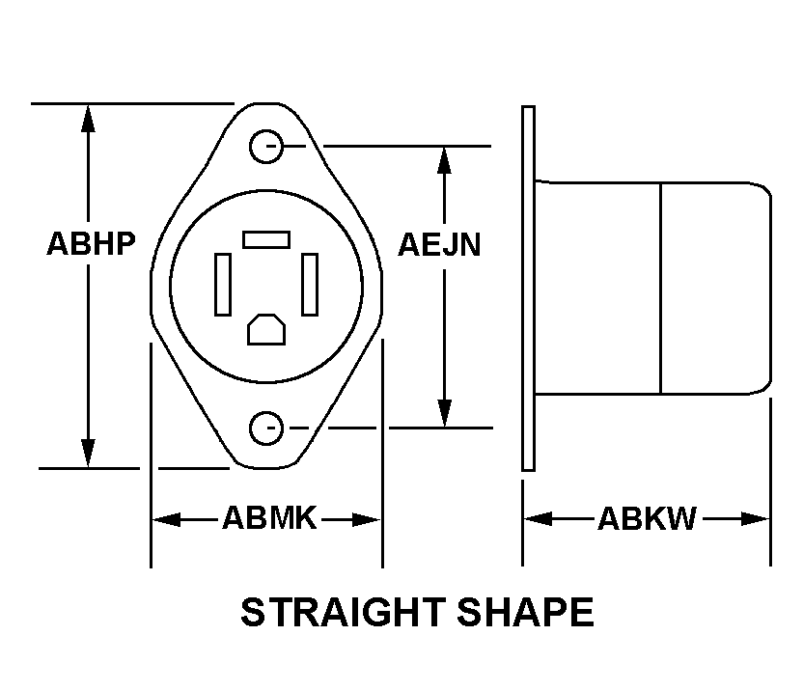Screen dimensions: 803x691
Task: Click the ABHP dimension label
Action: [x=91, y=243]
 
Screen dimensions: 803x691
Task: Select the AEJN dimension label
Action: [x=439, y=245]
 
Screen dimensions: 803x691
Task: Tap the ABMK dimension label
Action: [x=270, y=518]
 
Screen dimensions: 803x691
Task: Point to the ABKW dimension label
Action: [x=648, y=518]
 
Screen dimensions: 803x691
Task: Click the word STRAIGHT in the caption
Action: [x=343, y=612]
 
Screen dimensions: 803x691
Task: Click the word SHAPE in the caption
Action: [x=525, y=612]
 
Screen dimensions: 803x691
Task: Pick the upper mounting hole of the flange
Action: [x=266, y=147]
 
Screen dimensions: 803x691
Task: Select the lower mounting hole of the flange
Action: [x=266, y=428]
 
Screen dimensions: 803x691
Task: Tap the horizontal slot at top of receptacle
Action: [x=266, y=239]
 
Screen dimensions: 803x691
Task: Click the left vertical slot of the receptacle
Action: [x=223, y=285]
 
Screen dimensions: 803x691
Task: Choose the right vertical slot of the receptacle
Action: [x=310, y=285]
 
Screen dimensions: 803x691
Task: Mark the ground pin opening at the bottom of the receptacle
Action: [x=266, y=329]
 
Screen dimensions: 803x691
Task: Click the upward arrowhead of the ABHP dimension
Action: [x=88, y=119]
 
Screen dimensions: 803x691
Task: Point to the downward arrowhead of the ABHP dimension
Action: [x=88, y=453]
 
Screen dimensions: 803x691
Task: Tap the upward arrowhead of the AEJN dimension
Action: [x=445, y=160]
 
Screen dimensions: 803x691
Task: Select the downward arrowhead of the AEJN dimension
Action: [x=445, y=413]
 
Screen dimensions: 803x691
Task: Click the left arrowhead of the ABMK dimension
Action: [x=167, y=519]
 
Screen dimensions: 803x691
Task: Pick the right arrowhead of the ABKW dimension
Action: [x=756, y=519]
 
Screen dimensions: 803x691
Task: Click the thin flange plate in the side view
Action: [x=529, y=289]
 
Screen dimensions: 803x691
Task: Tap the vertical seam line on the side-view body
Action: [x=661, y=289]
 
